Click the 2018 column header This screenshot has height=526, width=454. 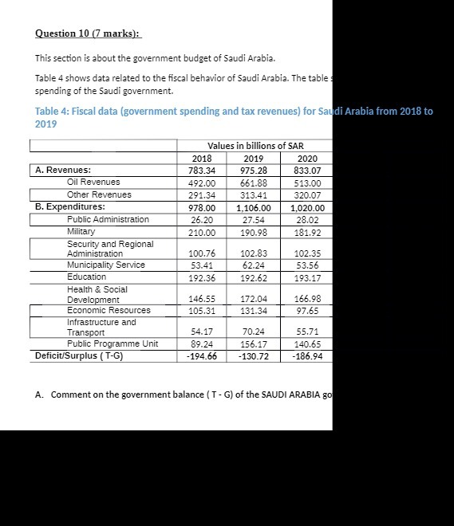click(x=203, y=158)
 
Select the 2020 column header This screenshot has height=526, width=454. click(x=307, y=158)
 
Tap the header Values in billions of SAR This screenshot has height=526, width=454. click(x=255, y=146)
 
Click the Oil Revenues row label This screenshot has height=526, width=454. click(x=93, y=182)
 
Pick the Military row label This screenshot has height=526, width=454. click(x=81, y=231)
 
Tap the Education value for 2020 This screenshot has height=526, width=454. click(x=307, y=277)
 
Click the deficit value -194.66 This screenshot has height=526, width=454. click(x=201, y=356)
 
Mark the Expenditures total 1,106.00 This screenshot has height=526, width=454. click(x=254, y=207)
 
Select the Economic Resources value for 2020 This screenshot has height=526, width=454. click(x=309, y=310)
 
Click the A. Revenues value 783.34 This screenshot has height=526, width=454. click(x=201, y=170)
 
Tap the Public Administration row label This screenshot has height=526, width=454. click(x=108, y=219)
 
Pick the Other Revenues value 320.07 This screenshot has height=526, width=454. click(x=307, y=194)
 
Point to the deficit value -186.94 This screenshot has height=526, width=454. click(x=307, y=356)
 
